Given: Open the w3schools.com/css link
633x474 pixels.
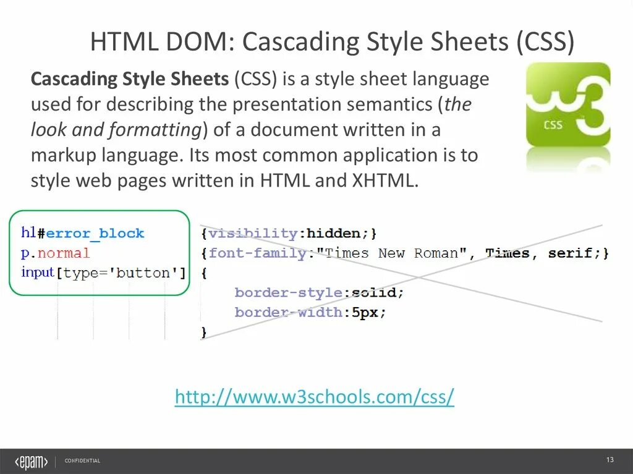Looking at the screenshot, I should point(315,397).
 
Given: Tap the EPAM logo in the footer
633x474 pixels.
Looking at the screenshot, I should point(31,461).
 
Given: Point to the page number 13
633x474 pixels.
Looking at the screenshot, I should point(610,460).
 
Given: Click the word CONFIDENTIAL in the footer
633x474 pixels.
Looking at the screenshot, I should point(82,461).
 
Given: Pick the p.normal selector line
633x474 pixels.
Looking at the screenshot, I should point(56,253).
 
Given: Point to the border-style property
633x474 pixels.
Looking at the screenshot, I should point(289,292).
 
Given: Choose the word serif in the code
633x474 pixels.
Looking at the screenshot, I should point(575,253).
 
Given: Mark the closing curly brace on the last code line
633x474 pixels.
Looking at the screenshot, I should point(204,332).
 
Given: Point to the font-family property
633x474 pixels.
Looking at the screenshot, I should point(258,253).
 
